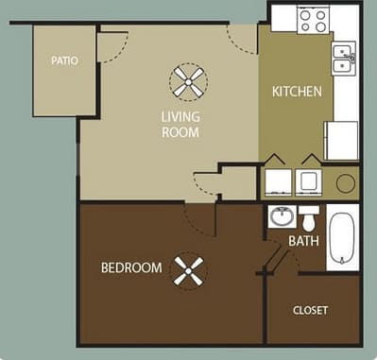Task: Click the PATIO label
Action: pos(64,61)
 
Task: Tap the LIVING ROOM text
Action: pos(179,125)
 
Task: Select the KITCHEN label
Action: pos(298,92)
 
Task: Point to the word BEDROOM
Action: pos(131,267)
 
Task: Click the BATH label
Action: pos(304,241)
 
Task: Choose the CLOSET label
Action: pos(310,309)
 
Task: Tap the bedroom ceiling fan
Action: pos(189,274)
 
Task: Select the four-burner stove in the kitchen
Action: pos(312,18)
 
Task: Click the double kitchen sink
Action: pos(344,60)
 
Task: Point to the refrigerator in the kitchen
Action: pos(341,140)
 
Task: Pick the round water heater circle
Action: pos(346,181)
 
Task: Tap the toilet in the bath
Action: pos(309,216)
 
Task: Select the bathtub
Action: pos(342,240)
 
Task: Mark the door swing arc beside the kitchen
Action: pos(240,38)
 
